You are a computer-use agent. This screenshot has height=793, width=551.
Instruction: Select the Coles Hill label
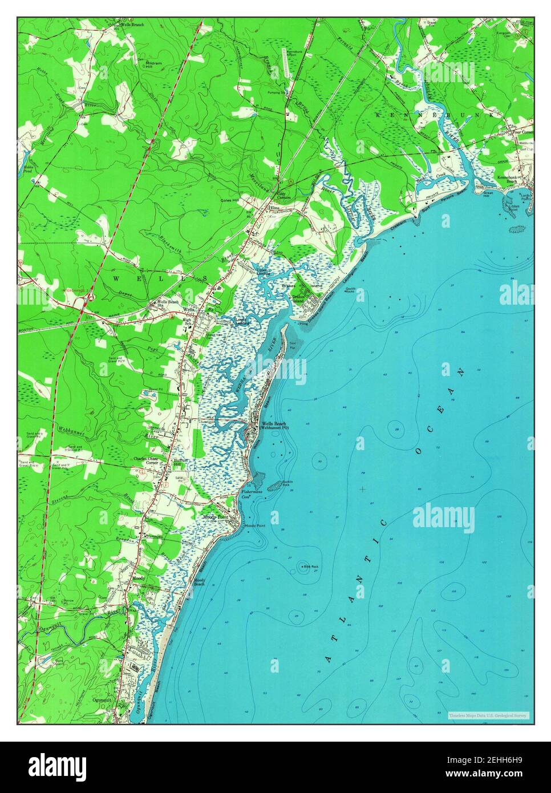click(x=230, y=201)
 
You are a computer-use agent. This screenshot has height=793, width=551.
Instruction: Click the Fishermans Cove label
click(x=250, y=493)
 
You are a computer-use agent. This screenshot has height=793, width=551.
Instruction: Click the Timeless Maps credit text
click(x=488, y=715)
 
